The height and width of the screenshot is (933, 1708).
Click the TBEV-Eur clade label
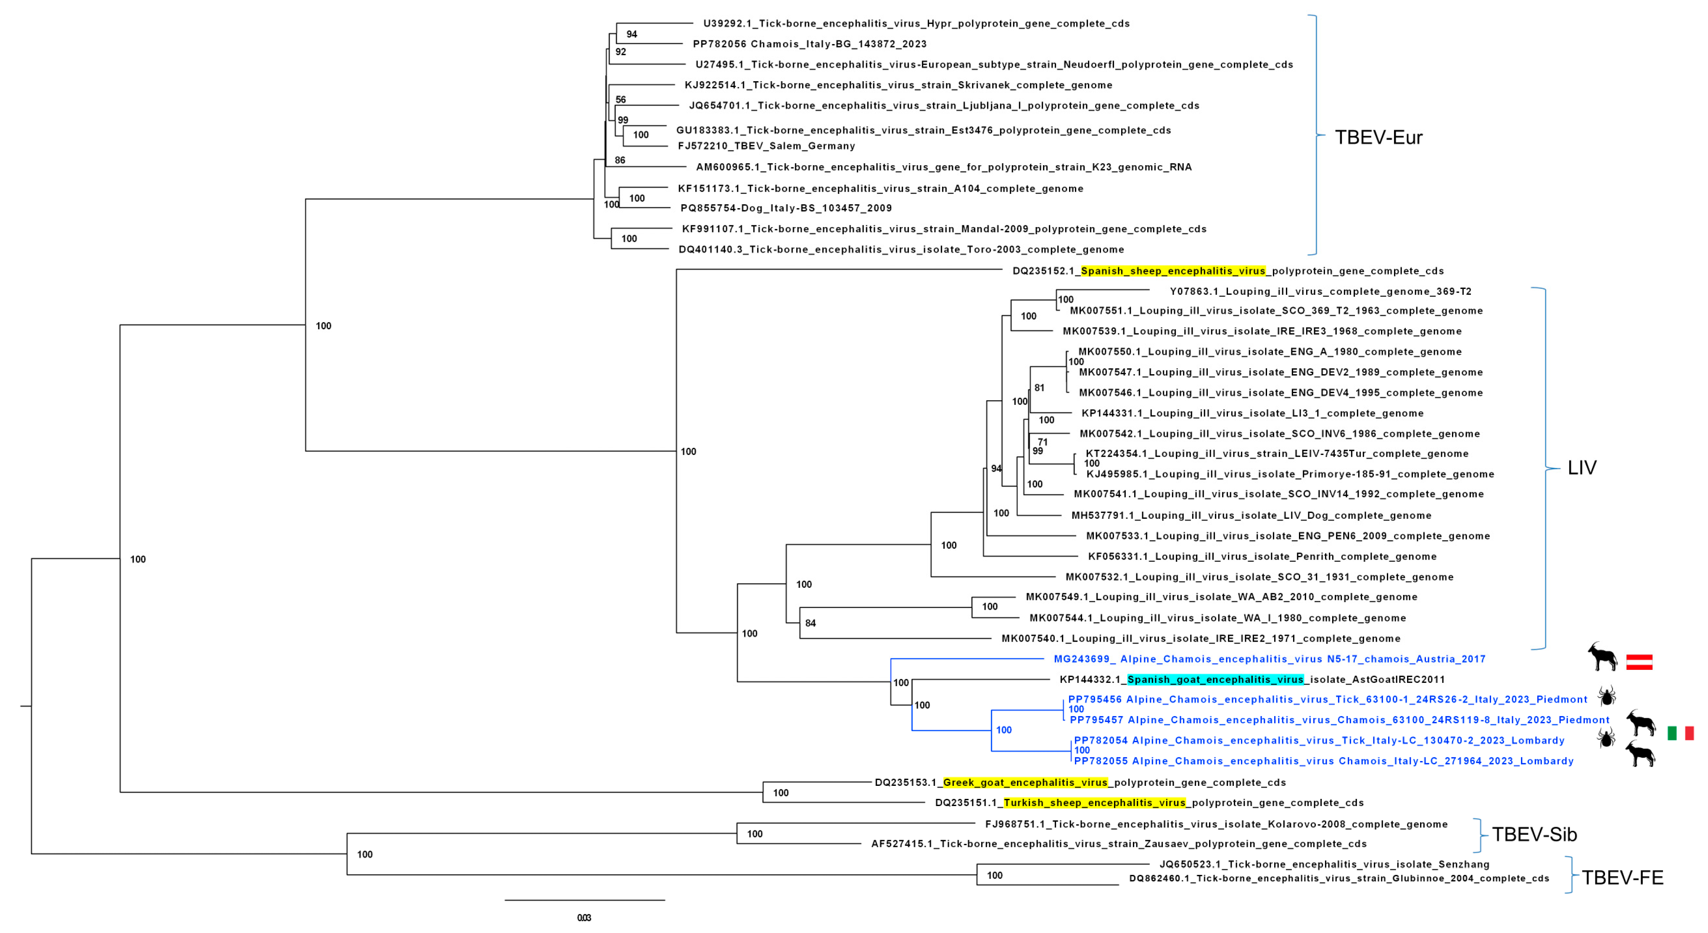point(1378,137)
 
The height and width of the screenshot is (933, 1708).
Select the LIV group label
point(1581,468)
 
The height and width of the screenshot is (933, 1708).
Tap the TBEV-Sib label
point(1534,834)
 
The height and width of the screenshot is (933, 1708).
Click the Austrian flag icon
point(1639,662)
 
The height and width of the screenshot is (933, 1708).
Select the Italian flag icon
point(1680,733)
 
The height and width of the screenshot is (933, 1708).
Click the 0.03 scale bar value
point(583,918)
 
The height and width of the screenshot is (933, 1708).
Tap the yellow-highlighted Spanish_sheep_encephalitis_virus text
point(1173,270)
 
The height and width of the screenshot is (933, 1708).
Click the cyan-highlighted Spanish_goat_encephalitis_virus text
point(1215,679)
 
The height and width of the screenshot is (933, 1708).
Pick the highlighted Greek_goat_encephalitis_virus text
point(1025,782)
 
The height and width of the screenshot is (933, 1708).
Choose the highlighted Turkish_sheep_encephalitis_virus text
point(1094,802)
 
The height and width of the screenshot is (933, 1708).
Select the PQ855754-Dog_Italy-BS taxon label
point(786,208)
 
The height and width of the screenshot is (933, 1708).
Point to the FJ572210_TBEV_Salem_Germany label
point(766,146)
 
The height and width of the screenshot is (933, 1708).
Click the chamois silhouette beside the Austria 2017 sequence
point(1602,657)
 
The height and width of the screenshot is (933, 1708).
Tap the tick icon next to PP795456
point(1607,696)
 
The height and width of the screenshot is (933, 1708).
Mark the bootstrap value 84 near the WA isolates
point(810,623)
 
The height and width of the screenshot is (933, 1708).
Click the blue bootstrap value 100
point(1004,730)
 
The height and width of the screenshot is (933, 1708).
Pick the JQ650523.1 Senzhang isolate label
point(1324,864)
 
